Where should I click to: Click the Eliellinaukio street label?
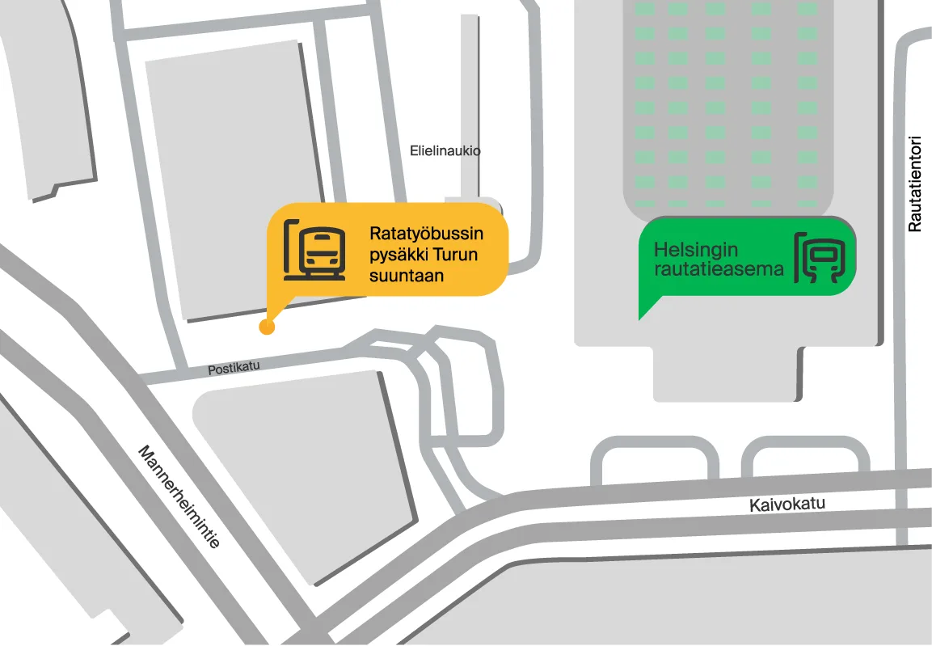click(445, 150)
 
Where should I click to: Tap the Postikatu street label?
click(234, 368)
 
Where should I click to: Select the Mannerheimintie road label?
click(179, 496)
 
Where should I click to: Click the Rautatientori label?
click(914, 183)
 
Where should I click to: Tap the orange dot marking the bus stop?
click(266, 327)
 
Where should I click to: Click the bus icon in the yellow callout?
click(315, 249)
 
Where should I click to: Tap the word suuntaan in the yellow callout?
click(407, 277)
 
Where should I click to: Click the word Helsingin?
click(695, 250)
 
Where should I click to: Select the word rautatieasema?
click(719, 269)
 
